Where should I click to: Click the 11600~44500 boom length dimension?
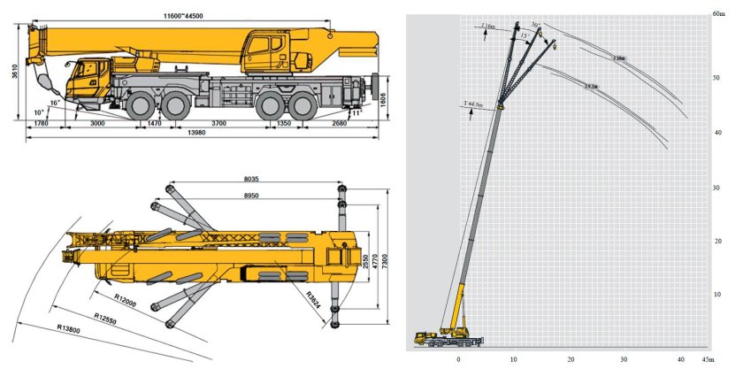click(x=191, y=16)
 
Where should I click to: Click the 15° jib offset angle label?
click(x=525, y=35)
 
